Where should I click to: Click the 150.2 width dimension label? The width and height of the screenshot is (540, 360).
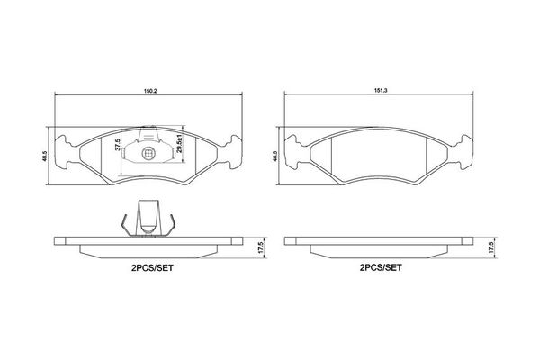point(148,90)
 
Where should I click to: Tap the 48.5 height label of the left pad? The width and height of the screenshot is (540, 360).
point(43,156)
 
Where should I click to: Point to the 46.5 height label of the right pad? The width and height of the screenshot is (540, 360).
point(274,156)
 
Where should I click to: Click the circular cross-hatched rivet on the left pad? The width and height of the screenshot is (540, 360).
point(149,155)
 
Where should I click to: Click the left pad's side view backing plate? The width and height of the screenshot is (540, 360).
point(149,241)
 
